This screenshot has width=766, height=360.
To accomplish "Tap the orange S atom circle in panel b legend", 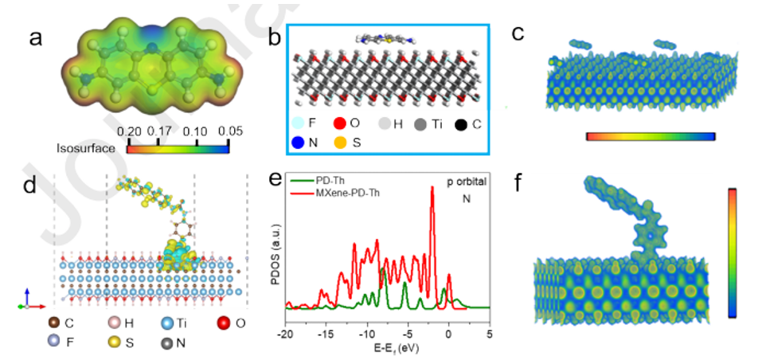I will pyautogui.click(x=338, y=145).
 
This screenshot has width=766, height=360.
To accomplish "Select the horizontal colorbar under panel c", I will pyautogui.click(x=651, y=137).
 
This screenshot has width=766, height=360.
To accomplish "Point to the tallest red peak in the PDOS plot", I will pyautogui.click(x=432, y=189).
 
